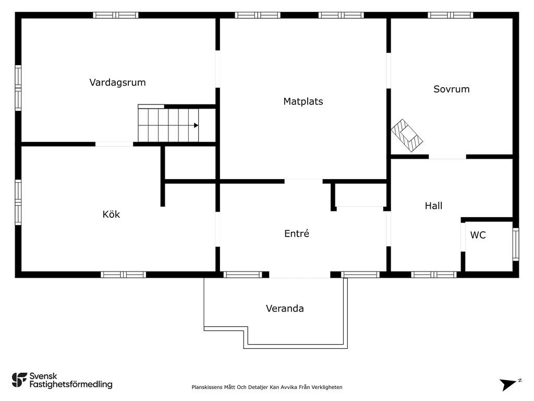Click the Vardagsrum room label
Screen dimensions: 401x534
point(117,82)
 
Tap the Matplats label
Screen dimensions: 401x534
point(303,101)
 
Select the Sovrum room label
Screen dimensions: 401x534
point(452,89)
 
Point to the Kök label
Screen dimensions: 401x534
point(111,214)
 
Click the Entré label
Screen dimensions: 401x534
point(297,233)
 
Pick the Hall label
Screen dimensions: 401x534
point(433,206)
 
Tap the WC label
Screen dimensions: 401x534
point(478,235)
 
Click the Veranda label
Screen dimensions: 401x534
point(285,308)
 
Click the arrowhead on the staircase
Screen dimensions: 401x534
point(196,125)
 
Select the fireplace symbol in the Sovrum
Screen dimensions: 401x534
point(407,135)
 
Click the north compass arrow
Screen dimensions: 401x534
point(507,385)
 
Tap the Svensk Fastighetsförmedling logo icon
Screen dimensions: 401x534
point(19,380)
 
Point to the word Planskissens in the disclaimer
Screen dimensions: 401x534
point(207,387)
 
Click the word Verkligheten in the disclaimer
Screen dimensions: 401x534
point(327,387)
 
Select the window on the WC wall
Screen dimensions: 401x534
point(515,244)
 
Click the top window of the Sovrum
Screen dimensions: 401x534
point(451,15)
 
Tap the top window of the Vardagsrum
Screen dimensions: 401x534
point(116,15)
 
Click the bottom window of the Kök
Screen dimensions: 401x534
point(123,275)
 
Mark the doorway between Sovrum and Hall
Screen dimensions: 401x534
point(447,157)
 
